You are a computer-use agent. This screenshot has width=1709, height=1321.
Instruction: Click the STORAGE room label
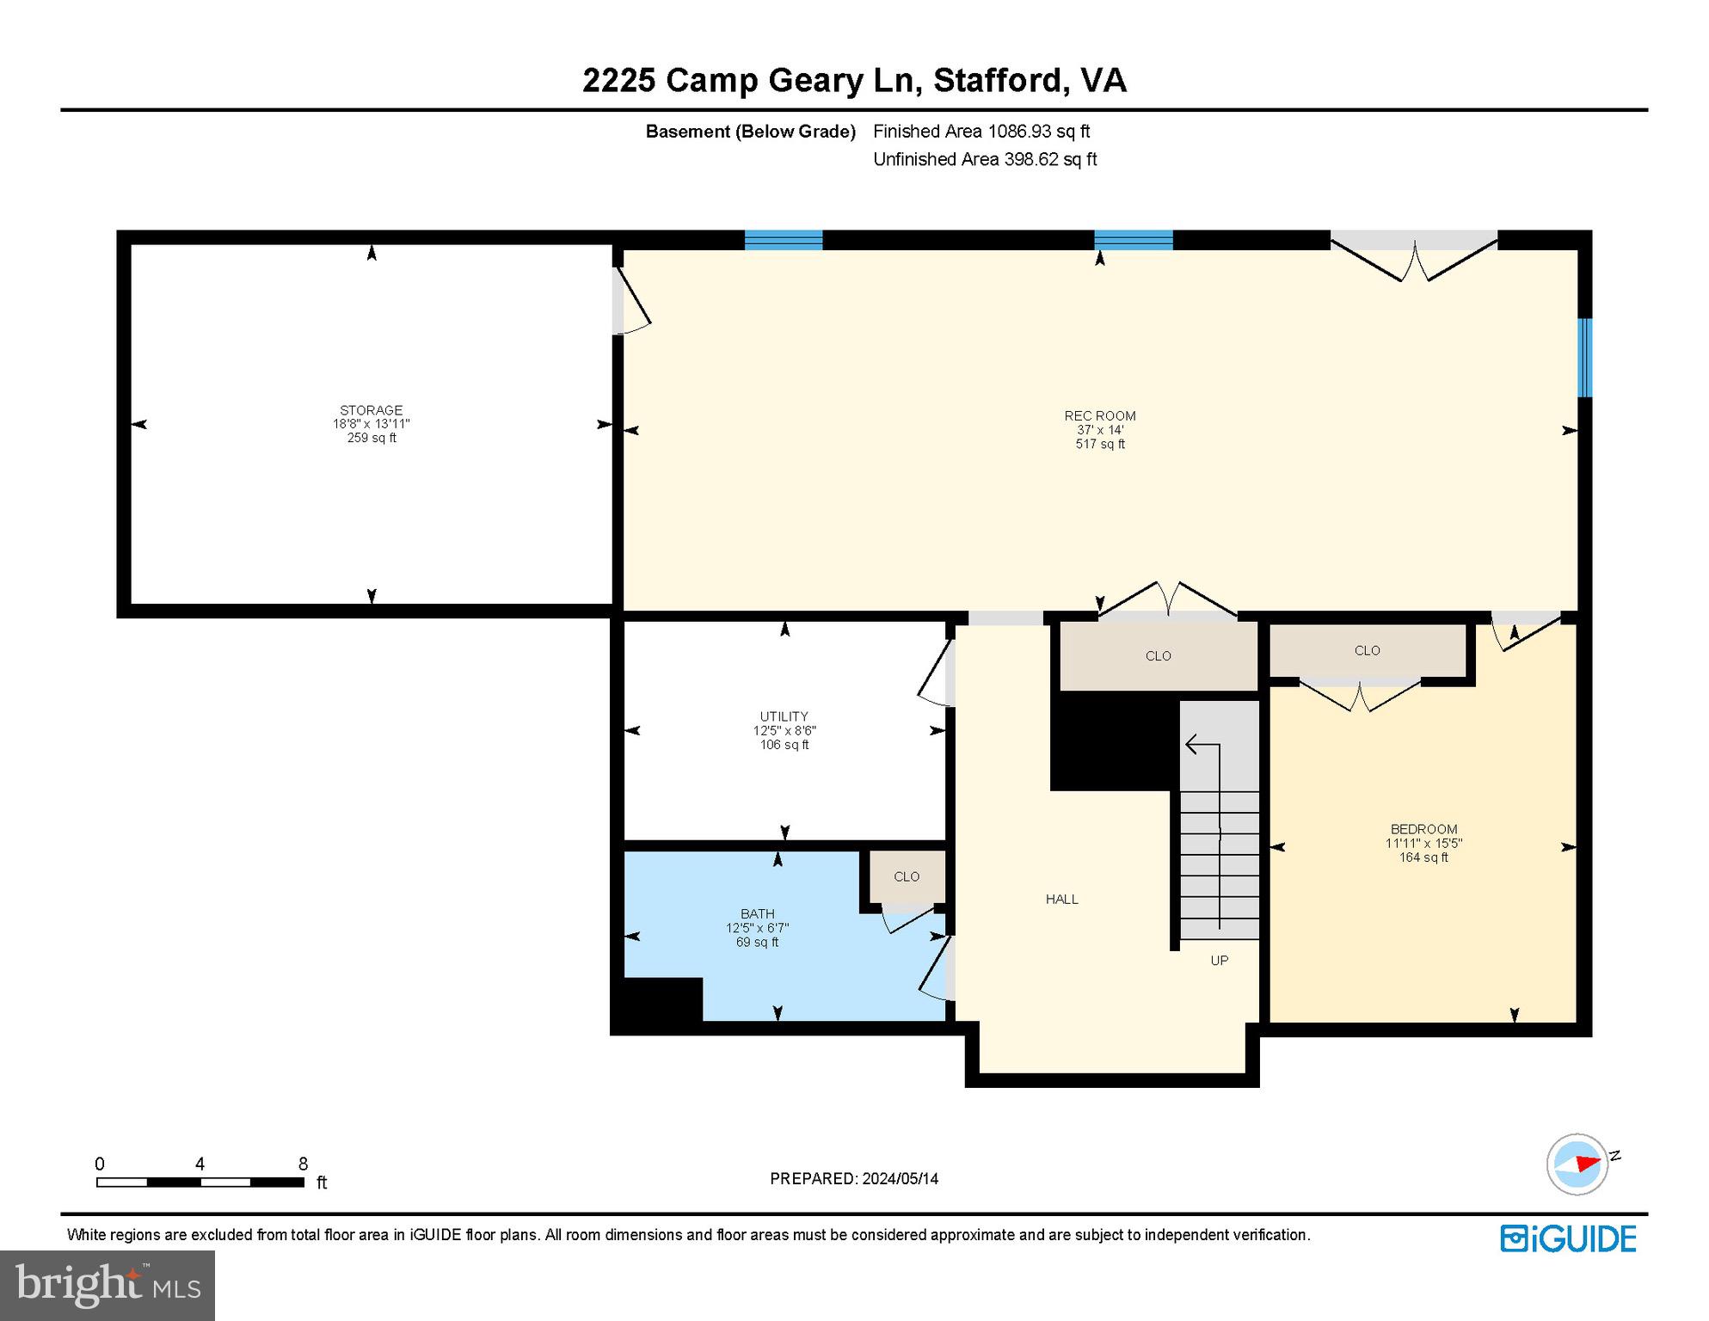tap(371, 410)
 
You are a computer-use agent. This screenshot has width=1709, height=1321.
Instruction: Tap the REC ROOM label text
tap(1099, 416)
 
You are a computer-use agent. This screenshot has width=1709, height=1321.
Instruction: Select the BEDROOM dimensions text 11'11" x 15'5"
tap(1423, 844)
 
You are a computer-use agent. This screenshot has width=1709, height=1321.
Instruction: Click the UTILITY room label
tap(784, 716)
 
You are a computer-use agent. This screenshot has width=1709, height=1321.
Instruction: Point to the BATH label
tap(757, 913)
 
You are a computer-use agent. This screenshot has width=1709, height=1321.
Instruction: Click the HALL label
tap(1061, 899)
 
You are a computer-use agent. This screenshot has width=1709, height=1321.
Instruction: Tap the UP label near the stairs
tap(1219, 961)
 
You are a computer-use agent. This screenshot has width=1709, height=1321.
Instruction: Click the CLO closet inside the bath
tap(907, 876)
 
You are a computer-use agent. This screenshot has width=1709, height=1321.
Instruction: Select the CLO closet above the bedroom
tap(1367, 651)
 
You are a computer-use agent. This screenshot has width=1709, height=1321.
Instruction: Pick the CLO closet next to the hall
tap(1158, 656)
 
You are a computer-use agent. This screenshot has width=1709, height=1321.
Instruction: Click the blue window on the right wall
tap(1584, 358)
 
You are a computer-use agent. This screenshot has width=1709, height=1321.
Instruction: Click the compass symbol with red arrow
tap(1578, 1164)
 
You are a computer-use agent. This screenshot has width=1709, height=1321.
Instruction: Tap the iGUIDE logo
tap(1568, 1238)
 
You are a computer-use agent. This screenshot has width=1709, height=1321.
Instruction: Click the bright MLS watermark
tap(108, 1285)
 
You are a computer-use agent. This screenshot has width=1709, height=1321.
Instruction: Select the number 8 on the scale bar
tap(303, 1164)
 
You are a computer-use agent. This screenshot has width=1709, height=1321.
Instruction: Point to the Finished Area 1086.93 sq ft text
tap(981, 132)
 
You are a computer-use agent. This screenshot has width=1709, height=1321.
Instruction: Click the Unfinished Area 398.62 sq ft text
tap(985, 159)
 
